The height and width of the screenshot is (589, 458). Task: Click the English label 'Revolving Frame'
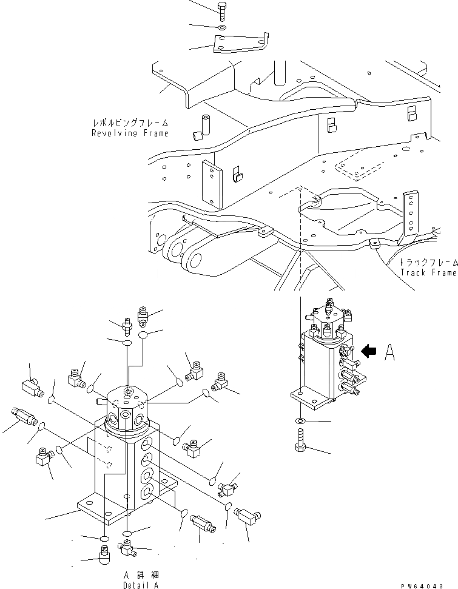coord(130,133)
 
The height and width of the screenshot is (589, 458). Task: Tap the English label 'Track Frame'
coord(428,272)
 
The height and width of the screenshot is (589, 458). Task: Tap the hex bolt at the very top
coord(221,9)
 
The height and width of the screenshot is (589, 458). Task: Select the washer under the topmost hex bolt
coord(222,27)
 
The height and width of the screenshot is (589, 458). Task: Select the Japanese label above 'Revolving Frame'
coord(129,123)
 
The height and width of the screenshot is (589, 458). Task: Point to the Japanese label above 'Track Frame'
coord(428,262)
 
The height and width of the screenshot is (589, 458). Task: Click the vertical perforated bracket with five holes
coord(411,215)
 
